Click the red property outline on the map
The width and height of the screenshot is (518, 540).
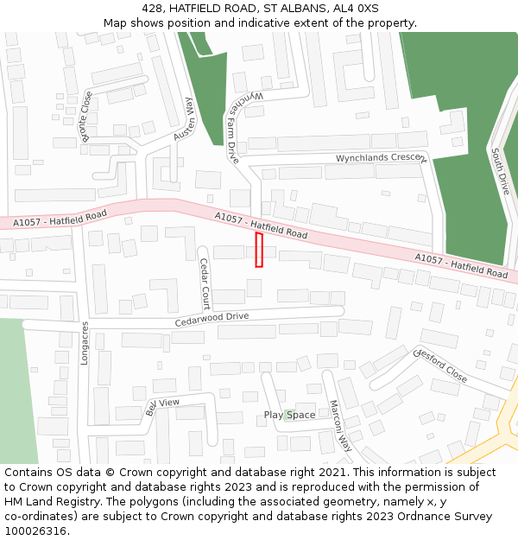(259, 250)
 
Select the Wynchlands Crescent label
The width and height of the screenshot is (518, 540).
(381, 159)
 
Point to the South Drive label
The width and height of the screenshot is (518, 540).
(500, 171)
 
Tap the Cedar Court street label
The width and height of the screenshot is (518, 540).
(205, 283)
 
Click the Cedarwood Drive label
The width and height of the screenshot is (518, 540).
(212, 318)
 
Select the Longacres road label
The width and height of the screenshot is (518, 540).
(85, 343)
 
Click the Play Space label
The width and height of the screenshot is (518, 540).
(289, 416)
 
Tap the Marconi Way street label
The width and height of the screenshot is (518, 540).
(341, 426)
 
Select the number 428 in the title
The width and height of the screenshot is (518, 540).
(153, 8)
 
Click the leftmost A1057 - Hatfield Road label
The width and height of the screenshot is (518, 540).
(60, 219)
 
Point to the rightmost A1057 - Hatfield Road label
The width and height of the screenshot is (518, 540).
(461, 265)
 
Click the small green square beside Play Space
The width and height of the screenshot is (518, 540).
(289, 414)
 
